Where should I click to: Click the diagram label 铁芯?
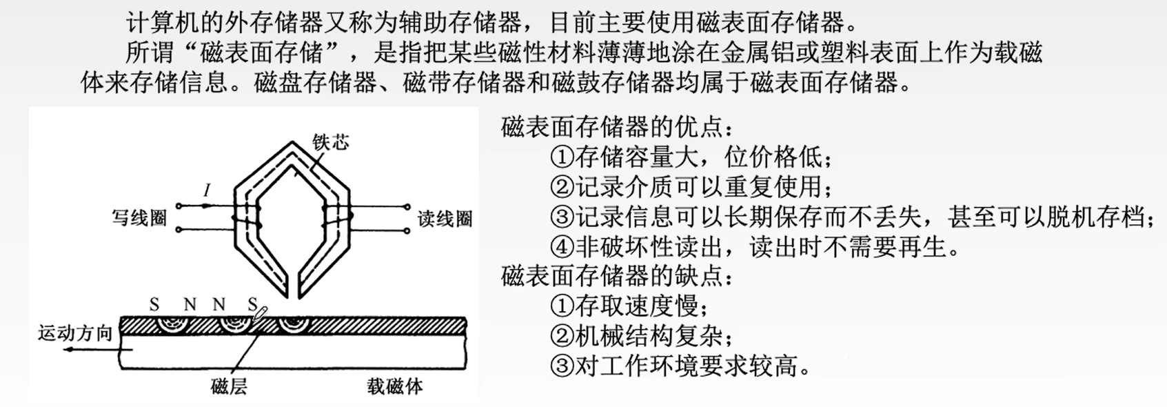tap(331, 142)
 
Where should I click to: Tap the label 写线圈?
tap(140, 218)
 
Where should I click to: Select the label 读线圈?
tap(445, 219)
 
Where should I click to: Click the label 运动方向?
tap(75, 334)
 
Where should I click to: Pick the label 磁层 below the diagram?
tap(228, 386)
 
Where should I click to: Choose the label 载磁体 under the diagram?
tap(394, 386)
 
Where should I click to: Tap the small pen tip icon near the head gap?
tap(260, 313)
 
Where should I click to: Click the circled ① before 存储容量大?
tap(562, 157)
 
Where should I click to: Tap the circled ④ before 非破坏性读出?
tap(562, 246)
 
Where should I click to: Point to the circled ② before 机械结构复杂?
tap(562, 336)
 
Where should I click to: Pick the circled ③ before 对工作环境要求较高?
tap(562, 366)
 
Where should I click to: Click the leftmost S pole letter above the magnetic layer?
tap(154, 304)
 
